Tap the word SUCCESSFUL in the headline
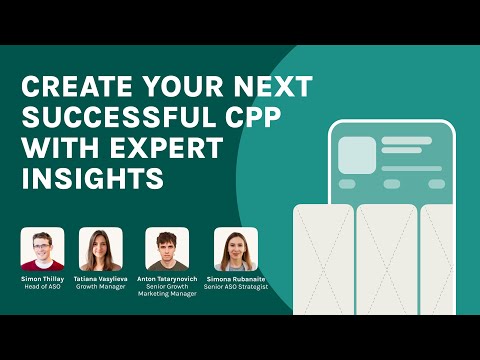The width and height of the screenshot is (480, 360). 103,116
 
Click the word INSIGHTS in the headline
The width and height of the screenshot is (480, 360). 91,180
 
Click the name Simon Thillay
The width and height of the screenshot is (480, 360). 43,279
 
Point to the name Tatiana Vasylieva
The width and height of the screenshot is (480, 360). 100,279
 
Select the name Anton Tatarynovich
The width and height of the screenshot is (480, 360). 168,279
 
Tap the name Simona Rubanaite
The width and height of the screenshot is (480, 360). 235,279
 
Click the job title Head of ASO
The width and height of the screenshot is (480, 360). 43,288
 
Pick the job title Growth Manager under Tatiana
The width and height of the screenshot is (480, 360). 100,288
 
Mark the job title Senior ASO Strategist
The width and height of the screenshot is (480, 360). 235,288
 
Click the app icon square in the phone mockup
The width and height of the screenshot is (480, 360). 356,155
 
